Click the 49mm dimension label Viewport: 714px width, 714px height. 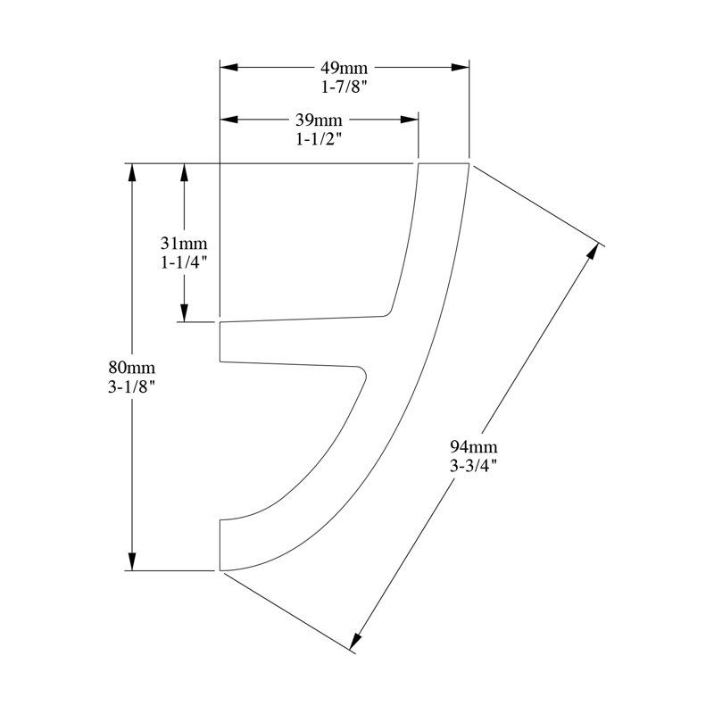344,68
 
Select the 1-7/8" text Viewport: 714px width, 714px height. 344,87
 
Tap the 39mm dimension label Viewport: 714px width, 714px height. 319,120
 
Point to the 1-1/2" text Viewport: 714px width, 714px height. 319,139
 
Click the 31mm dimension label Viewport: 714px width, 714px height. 184,244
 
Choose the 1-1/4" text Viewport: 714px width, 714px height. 184,262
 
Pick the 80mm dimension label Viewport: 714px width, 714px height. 131,367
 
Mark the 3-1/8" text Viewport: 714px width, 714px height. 131,386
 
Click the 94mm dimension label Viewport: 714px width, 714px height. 474,447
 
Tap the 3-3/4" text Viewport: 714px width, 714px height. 474,466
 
